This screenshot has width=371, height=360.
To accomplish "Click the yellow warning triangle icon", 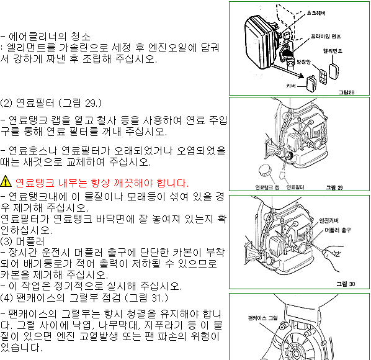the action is [x=6, y=181].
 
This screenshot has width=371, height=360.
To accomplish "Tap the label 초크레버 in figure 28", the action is [x=316, y=13].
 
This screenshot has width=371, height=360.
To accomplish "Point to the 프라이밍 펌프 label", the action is [x=326, y=36].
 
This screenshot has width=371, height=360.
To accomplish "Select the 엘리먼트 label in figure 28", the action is [x=333, y=51].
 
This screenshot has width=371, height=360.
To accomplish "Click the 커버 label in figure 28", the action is [x=291, y=86].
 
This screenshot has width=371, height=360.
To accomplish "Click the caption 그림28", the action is [x=346, y=92].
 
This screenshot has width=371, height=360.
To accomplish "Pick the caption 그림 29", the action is [x=334, y=187].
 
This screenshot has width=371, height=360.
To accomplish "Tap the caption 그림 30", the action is [x=346, y=284].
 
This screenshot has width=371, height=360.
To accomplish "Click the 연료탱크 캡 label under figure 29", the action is [x=267, y=187].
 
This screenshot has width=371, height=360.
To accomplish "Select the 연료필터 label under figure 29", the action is [x=295, y=187].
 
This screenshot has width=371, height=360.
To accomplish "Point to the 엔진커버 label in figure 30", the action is [x=329, y=220].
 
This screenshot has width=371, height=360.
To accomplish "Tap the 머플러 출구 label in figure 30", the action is [x=337, y=230].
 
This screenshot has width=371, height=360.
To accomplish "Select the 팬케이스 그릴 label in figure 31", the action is [x=262, y=318].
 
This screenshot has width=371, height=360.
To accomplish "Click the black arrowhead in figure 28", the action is [x=301, y=76].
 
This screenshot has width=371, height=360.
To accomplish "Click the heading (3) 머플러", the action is [x=22, y=241].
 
